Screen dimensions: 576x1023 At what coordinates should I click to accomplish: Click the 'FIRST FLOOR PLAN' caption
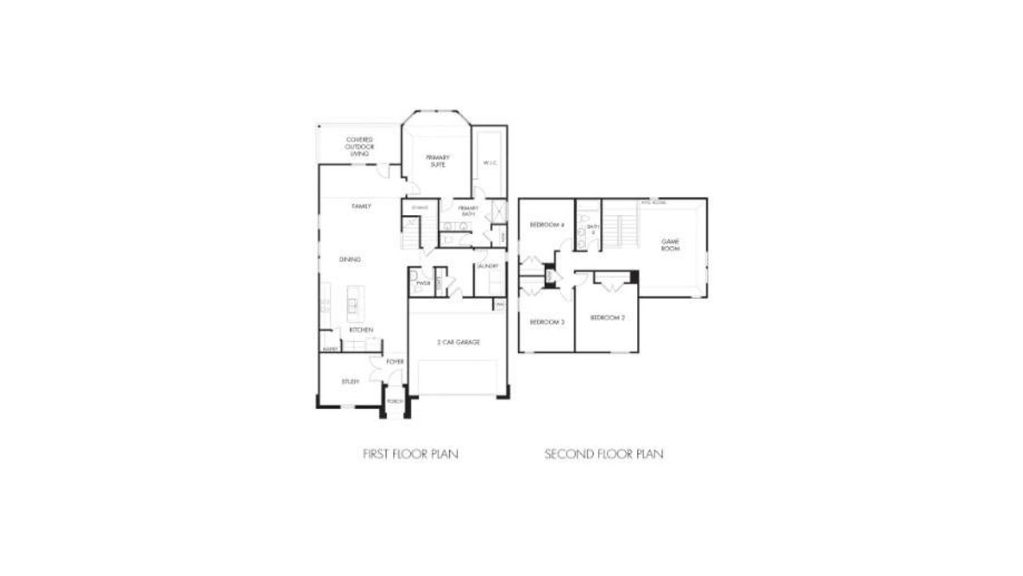411,455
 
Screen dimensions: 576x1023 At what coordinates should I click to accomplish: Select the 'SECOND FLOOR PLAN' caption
604,455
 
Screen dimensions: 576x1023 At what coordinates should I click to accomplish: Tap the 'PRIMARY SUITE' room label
438,161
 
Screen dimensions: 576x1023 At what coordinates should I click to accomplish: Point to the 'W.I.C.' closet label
491,164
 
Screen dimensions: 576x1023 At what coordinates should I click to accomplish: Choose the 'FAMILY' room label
361,206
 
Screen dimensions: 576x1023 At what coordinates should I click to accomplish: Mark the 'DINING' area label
350,259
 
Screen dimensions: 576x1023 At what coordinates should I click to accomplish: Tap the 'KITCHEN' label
360,330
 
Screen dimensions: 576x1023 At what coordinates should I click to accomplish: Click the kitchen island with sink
352,304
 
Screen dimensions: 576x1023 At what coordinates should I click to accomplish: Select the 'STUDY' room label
350,382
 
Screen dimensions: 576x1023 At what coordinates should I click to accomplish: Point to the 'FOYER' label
395,362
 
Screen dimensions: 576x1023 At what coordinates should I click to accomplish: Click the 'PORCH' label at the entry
394,402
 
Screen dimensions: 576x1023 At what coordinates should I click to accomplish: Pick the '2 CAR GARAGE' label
458,342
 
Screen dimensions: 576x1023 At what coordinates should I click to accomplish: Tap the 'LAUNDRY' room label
488,266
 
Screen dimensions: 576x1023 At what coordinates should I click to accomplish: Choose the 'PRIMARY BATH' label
468,210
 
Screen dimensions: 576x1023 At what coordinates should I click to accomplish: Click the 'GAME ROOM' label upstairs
669,245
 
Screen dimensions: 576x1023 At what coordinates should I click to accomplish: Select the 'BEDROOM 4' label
547,225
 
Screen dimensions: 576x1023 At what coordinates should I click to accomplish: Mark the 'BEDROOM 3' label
547,321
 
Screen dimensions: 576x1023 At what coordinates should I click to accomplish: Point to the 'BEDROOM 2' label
607,318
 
